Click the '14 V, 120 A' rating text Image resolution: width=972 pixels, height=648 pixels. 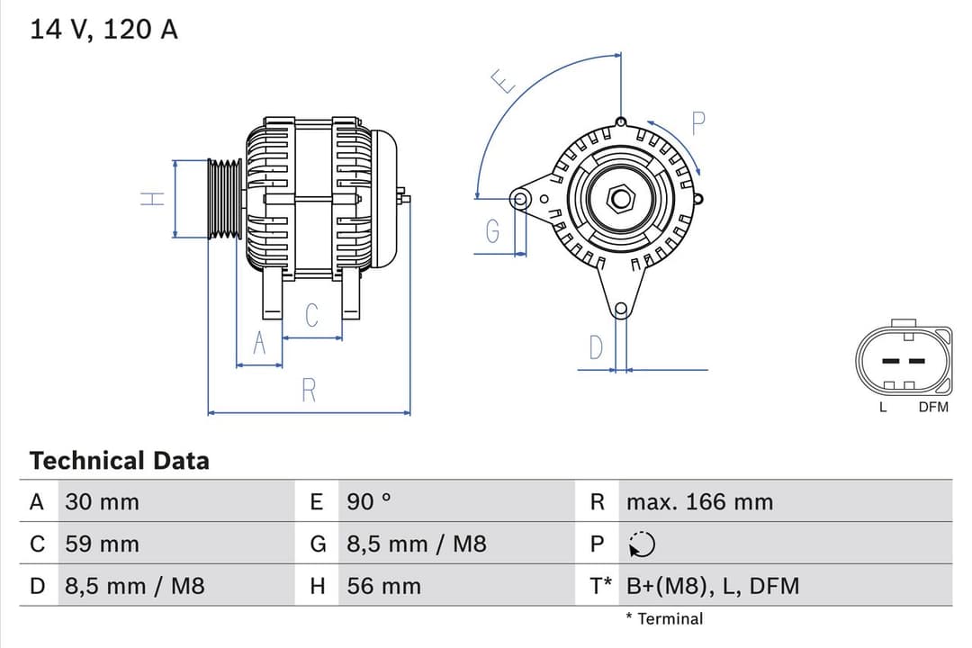(104, 30)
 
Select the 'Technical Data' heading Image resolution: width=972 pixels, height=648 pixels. (119, 461)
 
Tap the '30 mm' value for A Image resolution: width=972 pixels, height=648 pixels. (102, 502)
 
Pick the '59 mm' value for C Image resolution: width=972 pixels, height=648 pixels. (102, 544)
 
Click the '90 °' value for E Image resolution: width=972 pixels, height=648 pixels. (369, 502)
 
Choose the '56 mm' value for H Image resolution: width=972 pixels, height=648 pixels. (383, 587)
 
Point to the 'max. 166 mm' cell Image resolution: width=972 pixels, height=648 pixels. (699, 502)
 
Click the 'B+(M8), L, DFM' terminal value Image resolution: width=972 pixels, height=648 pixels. (713, 587)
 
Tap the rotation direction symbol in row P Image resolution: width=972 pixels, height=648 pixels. (643, 544)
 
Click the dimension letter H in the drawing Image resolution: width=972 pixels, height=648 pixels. (154, 199)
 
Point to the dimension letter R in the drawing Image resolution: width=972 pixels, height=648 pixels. (309, 391)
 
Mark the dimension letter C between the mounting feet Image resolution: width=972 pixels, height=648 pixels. (312, 316)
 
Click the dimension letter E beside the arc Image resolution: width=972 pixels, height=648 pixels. (504, 82)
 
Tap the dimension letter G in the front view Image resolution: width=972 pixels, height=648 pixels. (492, 232)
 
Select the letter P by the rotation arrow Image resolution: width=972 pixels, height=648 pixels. (698, 123)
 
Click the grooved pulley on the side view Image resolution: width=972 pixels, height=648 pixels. (225, 199)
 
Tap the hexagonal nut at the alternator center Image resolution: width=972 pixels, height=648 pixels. (620, 198)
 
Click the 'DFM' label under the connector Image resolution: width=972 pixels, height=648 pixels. (933, 408)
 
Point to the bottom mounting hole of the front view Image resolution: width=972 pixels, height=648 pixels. (620, 310)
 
